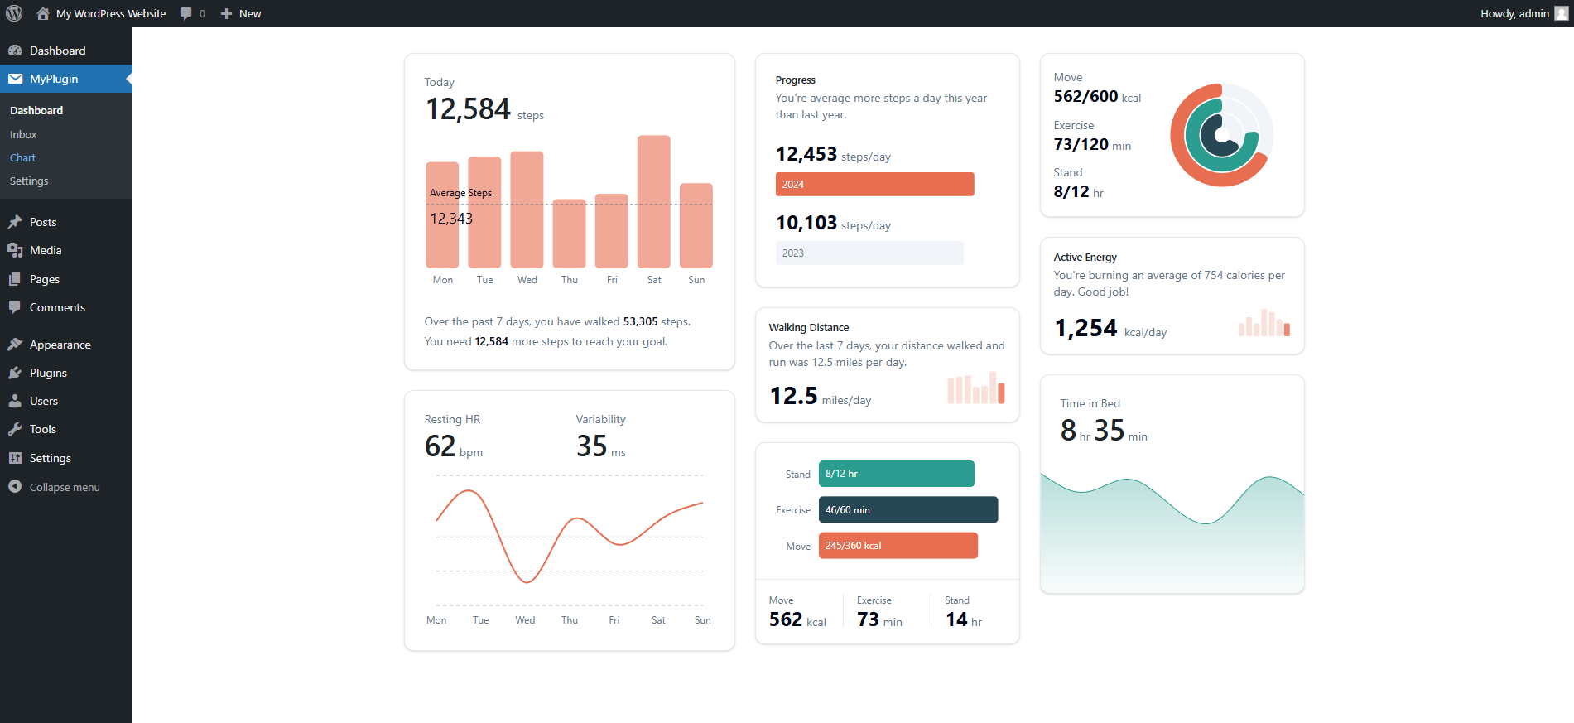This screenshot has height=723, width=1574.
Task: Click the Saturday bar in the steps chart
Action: coord(653,201)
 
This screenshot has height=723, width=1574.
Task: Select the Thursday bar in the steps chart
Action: coord(569,234)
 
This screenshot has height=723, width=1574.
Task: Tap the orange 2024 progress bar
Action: coord(874,184)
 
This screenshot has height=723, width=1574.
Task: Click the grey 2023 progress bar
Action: coord(869,253)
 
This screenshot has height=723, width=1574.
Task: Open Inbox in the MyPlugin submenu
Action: coord(23,134)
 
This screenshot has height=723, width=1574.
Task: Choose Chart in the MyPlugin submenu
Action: coord(22,157)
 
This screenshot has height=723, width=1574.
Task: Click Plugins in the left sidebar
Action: coord(48,373)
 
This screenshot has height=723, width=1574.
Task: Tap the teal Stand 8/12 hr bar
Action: coord(897,474)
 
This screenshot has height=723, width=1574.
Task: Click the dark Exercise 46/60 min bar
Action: coord(908,509)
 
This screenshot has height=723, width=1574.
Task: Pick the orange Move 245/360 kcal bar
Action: coord(898,546)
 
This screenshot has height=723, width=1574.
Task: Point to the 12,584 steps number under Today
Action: coord(468,109)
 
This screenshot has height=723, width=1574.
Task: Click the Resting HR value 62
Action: coord(440,446)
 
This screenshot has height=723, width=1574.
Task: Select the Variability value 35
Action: coord(592,446)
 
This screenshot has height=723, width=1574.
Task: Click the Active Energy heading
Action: coord(1085,257)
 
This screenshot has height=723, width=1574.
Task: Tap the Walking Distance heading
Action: coord(808,327)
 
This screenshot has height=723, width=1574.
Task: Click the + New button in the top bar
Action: coord(241,13)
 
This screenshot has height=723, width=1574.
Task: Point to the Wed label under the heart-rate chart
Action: coord(525,620)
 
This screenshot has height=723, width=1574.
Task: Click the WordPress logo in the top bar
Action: coord(14,13)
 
